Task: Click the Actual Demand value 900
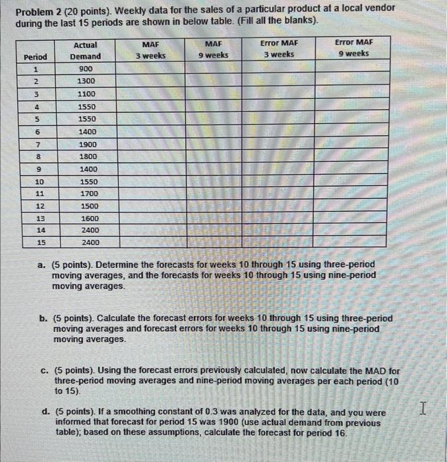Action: pyautogui.click(x=86, y=69)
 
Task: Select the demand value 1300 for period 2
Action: pyautogui.click(x=86, y=81)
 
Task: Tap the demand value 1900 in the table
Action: pyautogui.click(x=87, y=144)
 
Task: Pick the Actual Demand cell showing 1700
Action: pyautogui.click(x=88, y=193)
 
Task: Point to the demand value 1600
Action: pyautogui.click(x=89, y=218)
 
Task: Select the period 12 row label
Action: pyautogui.click(x=39, y=206)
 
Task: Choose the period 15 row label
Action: pyautogui.click(x=40, y=242)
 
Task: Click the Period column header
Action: pyautogui.click(x=34, y=57)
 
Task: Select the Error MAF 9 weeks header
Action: pyautogui.click(x=353, y=48)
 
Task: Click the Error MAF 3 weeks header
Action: pyautogui.click(x=279, y=48)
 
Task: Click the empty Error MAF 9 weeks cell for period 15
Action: pyautogui.click(x=353, y=242)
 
